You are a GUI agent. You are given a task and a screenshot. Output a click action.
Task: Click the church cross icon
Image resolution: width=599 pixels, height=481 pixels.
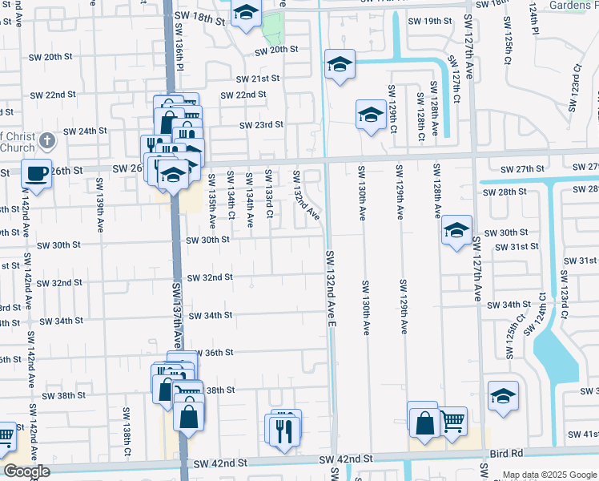click(x=47, y=142)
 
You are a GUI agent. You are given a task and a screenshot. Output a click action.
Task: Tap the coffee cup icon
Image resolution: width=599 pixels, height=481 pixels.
click(x=36, y=173)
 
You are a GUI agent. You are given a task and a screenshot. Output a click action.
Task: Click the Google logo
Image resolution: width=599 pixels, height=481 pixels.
click(x=26, y=472)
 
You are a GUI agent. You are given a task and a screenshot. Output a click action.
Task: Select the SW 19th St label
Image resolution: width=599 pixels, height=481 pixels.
click(x=430, y=22)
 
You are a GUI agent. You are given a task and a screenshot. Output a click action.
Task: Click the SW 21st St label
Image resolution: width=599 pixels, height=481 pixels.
click(x=257, y=79)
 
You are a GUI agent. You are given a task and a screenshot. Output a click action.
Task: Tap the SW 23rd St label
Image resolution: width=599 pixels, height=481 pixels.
click(x=261, y=124)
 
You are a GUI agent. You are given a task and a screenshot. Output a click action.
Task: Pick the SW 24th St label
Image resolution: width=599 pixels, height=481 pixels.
click(x=85, y=131)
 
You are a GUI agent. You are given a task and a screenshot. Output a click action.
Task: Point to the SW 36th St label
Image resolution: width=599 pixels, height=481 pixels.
click(x=213, y=353)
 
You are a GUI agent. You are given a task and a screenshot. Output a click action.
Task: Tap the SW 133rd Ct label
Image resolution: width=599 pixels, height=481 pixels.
click(x=269, y=193)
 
